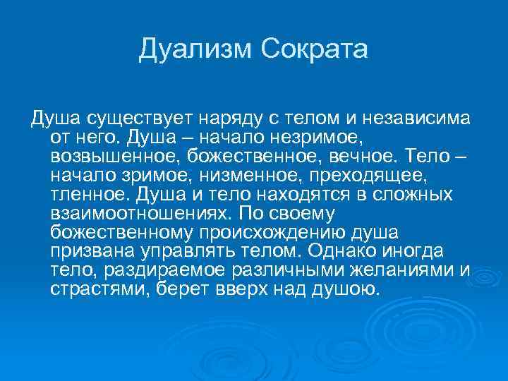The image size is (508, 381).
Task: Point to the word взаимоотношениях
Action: coord(141,212)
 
